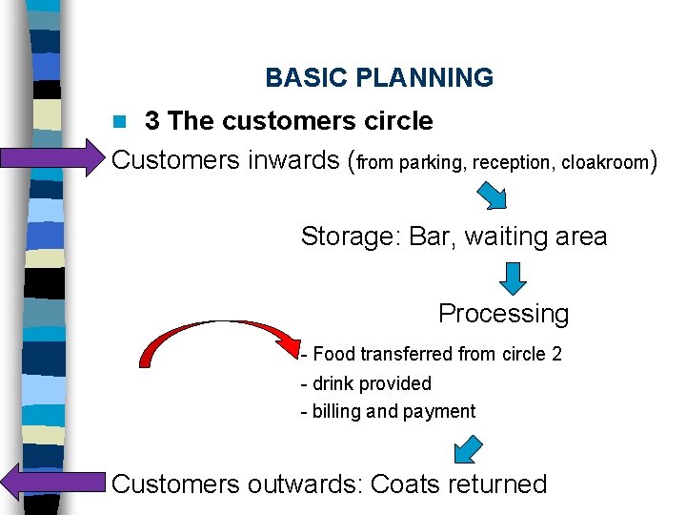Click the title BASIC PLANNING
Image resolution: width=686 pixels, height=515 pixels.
(x=379, y=77)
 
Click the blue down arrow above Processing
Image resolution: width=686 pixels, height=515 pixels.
(x=513, y=278)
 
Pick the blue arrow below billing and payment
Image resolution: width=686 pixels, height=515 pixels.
(x=468, y=447)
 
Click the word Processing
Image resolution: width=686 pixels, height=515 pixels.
(x=503, y=313)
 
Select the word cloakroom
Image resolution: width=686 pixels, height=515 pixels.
(x=604, y=163)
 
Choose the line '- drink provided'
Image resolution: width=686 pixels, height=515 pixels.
(x=366, y=383)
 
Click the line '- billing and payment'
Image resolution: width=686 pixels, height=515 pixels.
(x=388, y=412)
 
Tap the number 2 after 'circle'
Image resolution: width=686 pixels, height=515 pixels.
(x=556, y=354)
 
